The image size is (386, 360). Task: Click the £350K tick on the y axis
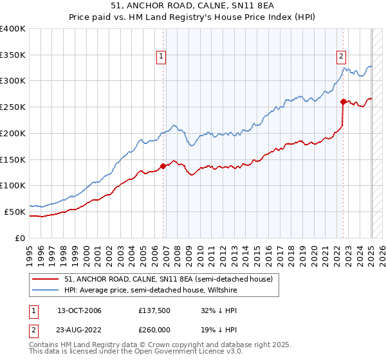(14, 55)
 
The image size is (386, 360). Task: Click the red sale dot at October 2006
(163, 166)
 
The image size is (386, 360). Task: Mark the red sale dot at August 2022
(343, 102)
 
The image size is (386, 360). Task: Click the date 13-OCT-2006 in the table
(79, 310)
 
